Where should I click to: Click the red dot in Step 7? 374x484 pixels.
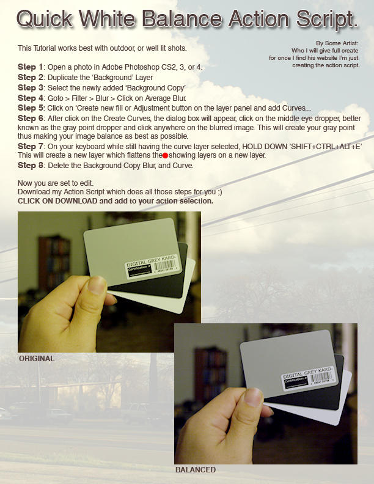[x=165, y=156]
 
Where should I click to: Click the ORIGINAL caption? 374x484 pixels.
[x=37, y=359]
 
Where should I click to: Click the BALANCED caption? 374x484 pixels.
[x=195, y=470]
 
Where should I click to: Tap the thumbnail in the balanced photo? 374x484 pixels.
[x=252, y=397]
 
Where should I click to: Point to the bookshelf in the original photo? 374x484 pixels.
[x=54, y=263]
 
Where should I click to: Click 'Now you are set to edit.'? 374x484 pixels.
[x=56, y=183]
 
